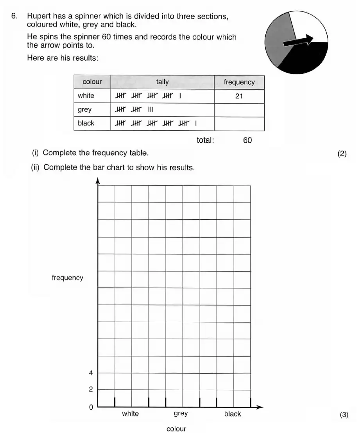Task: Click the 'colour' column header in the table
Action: tap(92, 82)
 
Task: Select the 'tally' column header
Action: tap(162, 82)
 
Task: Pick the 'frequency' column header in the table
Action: tap(239, 82)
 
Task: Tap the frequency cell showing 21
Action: tap(239, 96)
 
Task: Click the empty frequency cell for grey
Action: tap(239, 110)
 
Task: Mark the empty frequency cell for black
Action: tap(239, 124)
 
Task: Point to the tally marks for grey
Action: tap(134, 110)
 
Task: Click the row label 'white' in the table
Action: tap(86, 96)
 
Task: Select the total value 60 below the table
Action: tap(247, 140)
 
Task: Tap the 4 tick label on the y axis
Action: tap(91, 373)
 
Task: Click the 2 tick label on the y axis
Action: tap(91, 390)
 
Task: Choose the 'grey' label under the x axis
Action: tap(181, 414)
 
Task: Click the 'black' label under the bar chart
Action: tap(233, 414)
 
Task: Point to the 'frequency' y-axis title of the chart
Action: tap(67, 278)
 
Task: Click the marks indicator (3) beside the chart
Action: tap(344, 415)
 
